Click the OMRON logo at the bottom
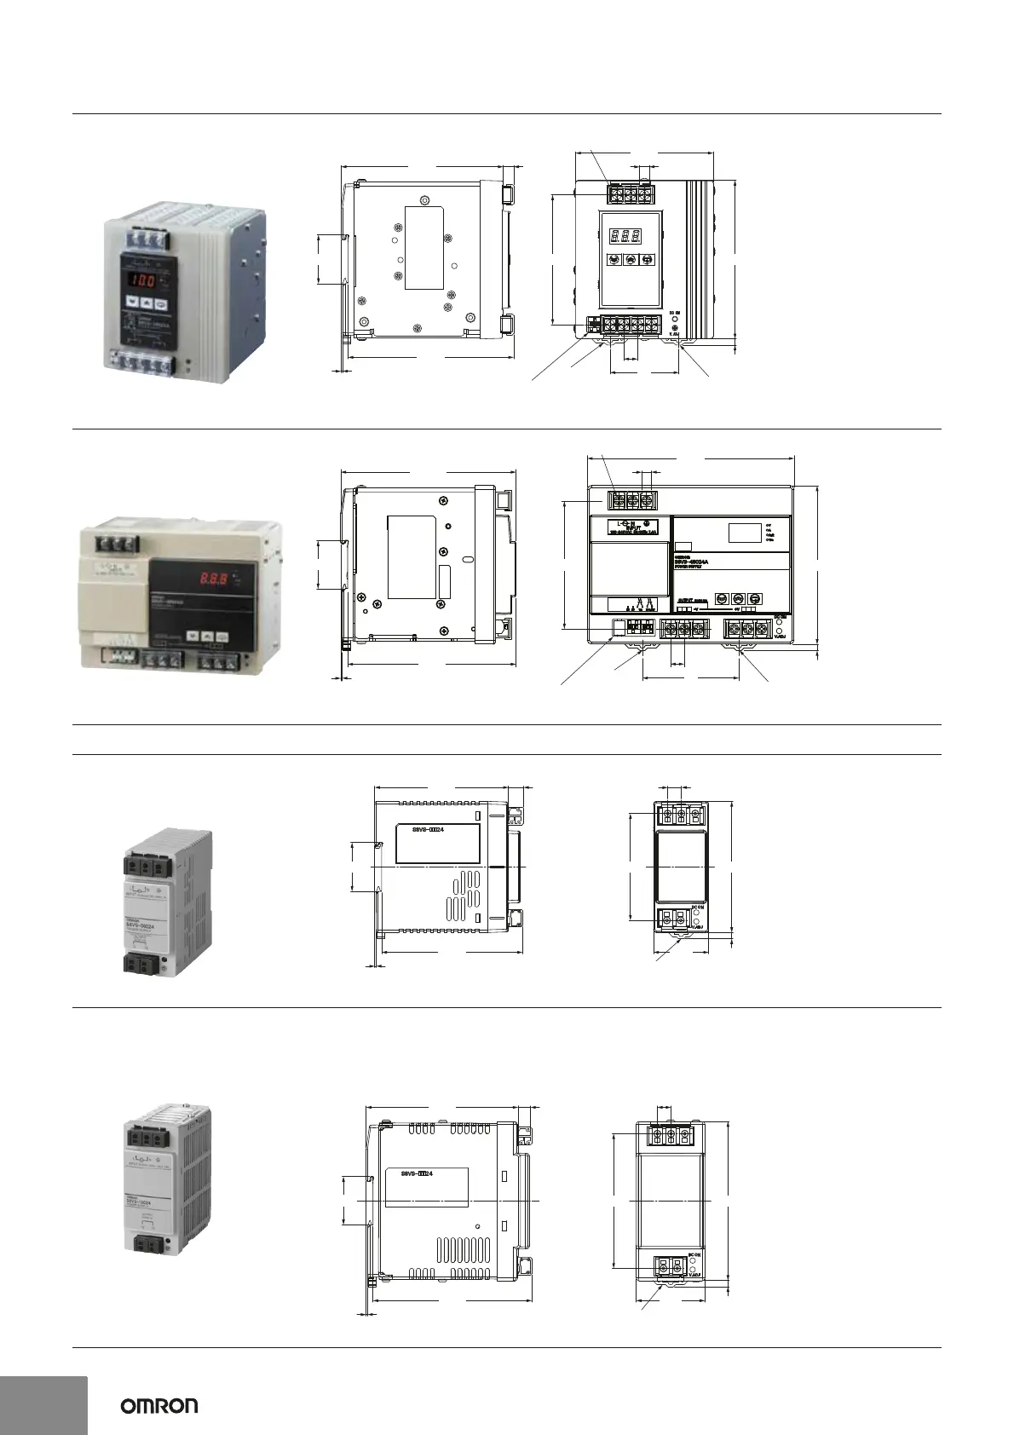coord(158,1405)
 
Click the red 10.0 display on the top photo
coord(141,279)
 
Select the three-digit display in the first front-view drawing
coord(631,233)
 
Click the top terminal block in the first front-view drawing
coord(630,194)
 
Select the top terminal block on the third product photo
coord(150,866)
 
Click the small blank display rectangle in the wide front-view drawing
coord(745,533)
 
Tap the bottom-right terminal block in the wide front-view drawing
coord(747,629)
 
